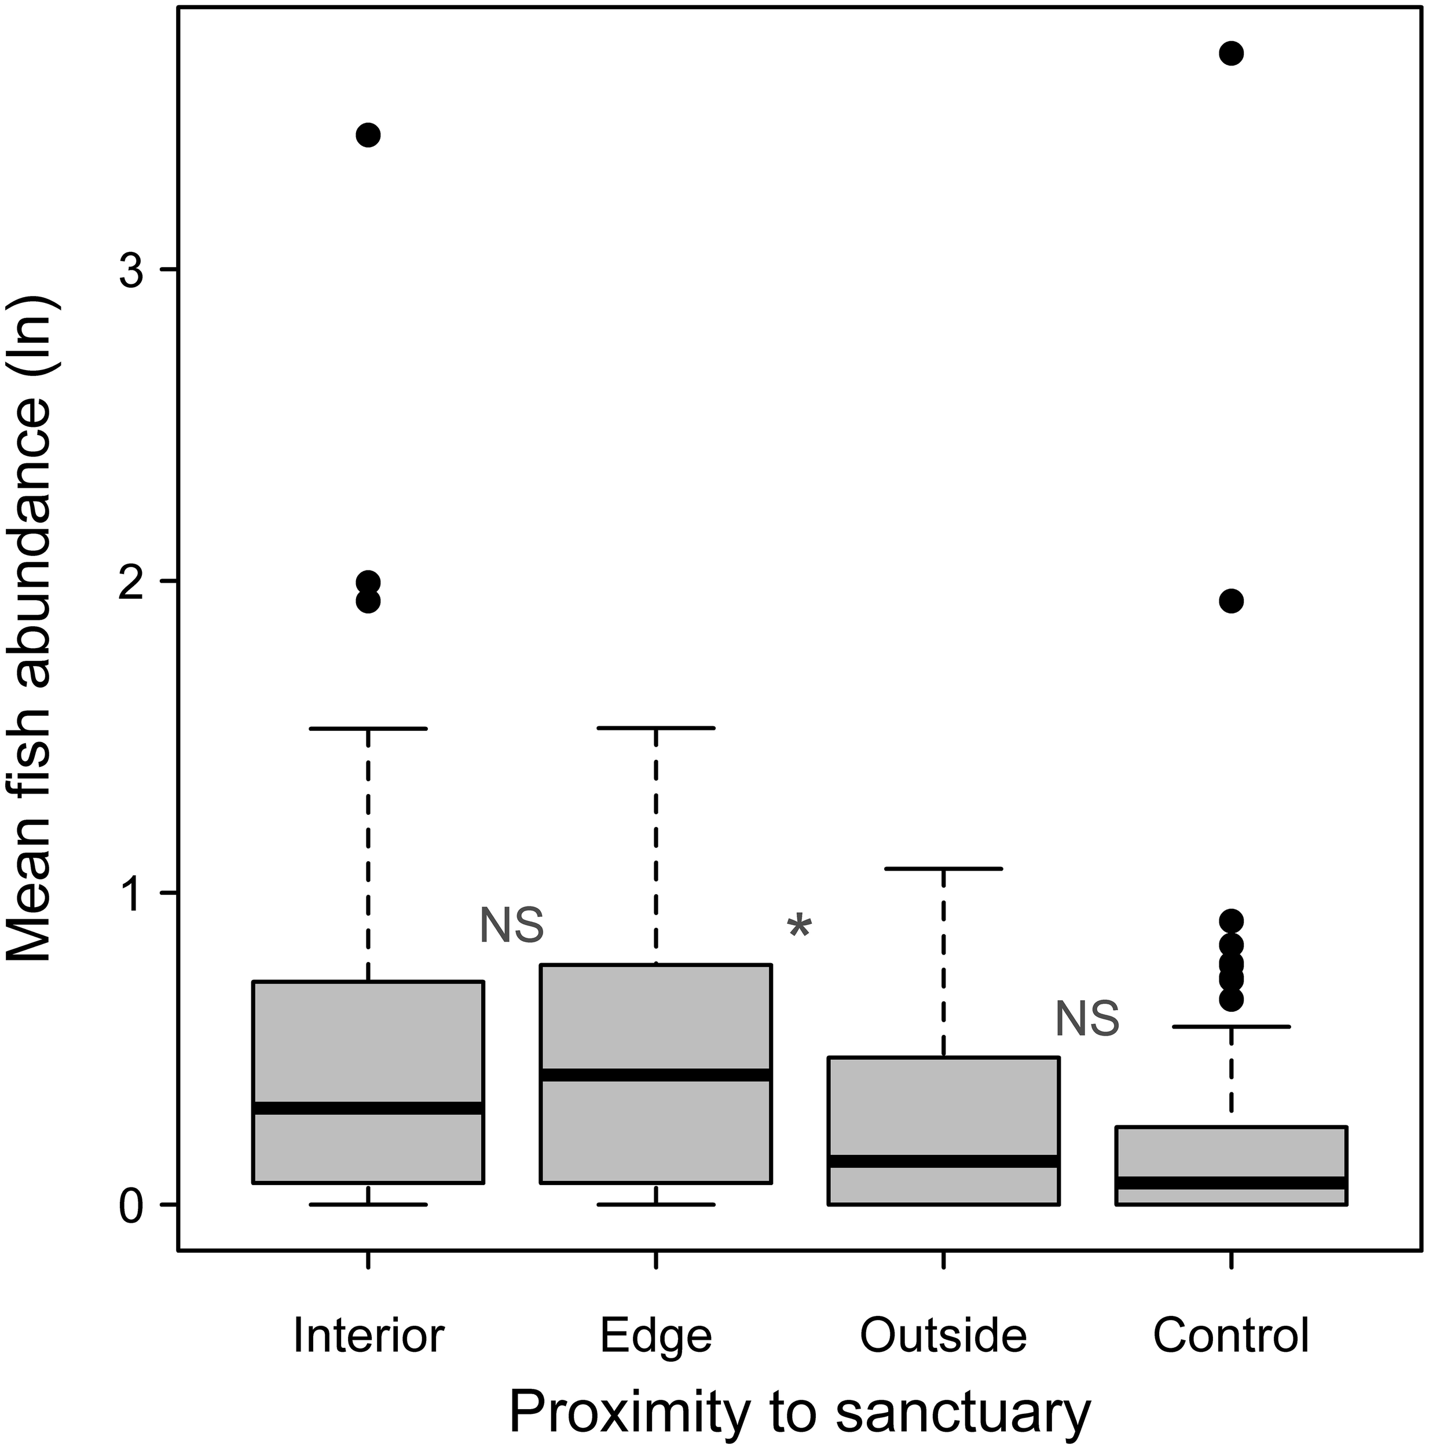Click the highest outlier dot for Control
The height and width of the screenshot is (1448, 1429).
click(x=1231, y=53)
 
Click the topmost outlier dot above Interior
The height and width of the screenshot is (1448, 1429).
click(x=368, y=135)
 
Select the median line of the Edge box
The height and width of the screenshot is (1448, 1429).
click(x=655, y=1075)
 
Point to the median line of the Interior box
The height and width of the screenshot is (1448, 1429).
click(x=368, y=1109)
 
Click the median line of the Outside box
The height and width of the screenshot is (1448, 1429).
click(x=943, y=1161)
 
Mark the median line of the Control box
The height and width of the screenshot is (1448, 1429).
click(x=1231, y=1183)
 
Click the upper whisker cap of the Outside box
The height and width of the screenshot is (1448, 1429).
click(x=943, y=869)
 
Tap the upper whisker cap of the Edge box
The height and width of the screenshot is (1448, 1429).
click(x=655, y=727)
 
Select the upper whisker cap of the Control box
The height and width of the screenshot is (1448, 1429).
click(x=1231, y=1026)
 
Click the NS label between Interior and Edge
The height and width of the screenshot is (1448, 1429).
click(x=511, y=926)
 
